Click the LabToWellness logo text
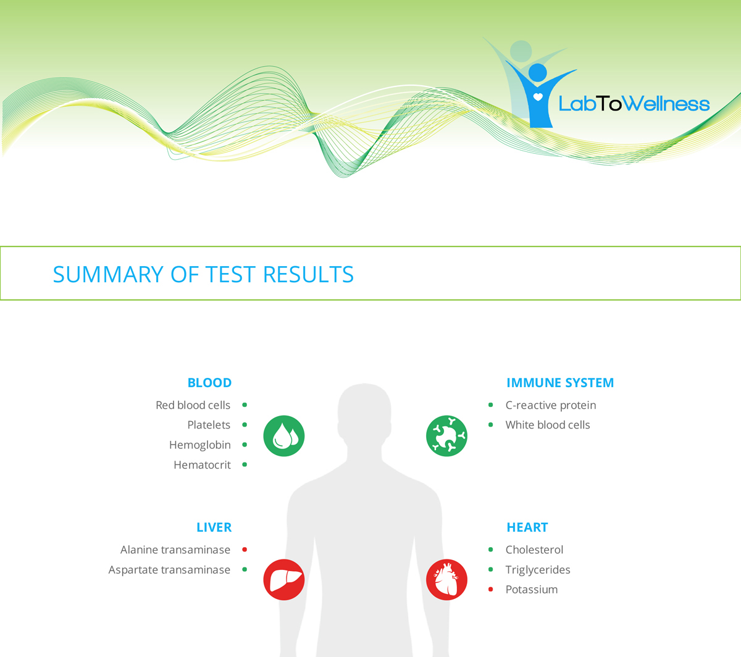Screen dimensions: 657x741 (x=634, y=104)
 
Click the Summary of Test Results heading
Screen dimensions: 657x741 (x=203, y=274)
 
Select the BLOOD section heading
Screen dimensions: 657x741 (x=209, y=383)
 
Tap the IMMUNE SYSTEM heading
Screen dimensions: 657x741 (x=560, y=383)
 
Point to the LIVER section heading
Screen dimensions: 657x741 (x=214, y=527)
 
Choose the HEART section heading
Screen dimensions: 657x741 (x=527, y=527)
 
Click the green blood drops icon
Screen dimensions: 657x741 (x=284, y=436)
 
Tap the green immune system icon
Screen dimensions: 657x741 (x=446, y=436)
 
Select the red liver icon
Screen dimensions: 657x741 (x=284, y=580)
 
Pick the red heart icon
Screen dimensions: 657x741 (x=446, y=580)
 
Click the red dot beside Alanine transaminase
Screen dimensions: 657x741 (x=245, y=550)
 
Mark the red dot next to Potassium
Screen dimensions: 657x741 (x=491, y=590)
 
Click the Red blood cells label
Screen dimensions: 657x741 (x=193, y=405)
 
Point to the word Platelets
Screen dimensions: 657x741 (x=209, y=425)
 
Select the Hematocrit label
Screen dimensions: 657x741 (x=202, y=465)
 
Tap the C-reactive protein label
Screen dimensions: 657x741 (x=551, y=405)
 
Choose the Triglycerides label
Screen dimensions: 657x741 (x=538, y=569)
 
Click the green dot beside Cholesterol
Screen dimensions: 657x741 (x=491, y=550)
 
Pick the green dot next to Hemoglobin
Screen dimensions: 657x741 (x=245, y=445)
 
